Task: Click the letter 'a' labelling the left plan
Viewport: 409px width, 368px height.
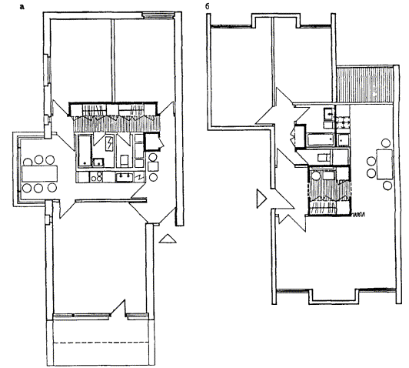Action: tap(22, 7)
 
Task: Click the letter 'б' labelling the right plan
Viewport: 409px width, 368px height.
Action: tap(207, 6)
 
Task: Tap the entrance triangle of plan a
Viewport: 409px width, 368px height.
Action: tap(168, 239)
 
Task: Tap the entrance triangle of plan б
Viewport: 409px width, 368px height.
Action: tap(261, 199)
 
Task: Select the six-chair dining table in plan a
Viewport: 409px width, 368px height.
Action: tap(40, 174)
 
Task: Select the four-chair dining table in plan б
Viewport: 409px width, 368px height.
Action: tap(384, 164)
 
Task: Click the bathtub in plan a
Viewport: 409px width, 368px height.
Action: tap(85, 150)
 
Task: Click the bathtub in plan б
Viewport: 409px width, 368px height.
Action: tap(321, 140)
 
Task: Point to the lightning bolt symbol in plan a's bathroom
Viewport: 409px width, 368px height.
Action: tap(109, 144)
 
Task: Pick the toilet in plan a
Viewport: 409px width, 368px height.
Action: tap(124, 160)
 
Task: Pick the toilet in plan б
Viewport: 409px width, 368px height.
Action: tap(324, 158)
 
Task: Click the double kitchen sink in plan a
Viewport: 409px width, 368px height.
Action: tap(125, 177)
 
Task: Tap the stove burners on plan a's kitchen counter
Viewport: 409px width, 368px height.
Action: tap(97, 177)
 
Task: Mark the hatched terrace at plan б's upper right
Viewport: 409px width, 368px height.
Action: tap(364, 85)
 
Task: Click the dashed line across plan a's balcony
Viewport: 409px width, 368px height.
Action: tap(101, 343)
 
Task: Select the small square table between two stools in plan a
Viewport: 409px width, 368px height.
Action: tap(153, 166)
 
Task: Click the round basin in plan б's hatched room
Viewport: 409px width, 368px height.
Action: tap(317, 176)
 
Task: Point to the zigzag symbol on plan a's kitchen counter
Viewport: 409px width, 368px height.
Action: tap(140, 177)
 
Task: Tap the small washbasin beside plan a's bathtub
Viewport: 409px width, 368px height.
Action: tap(98, 162)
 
